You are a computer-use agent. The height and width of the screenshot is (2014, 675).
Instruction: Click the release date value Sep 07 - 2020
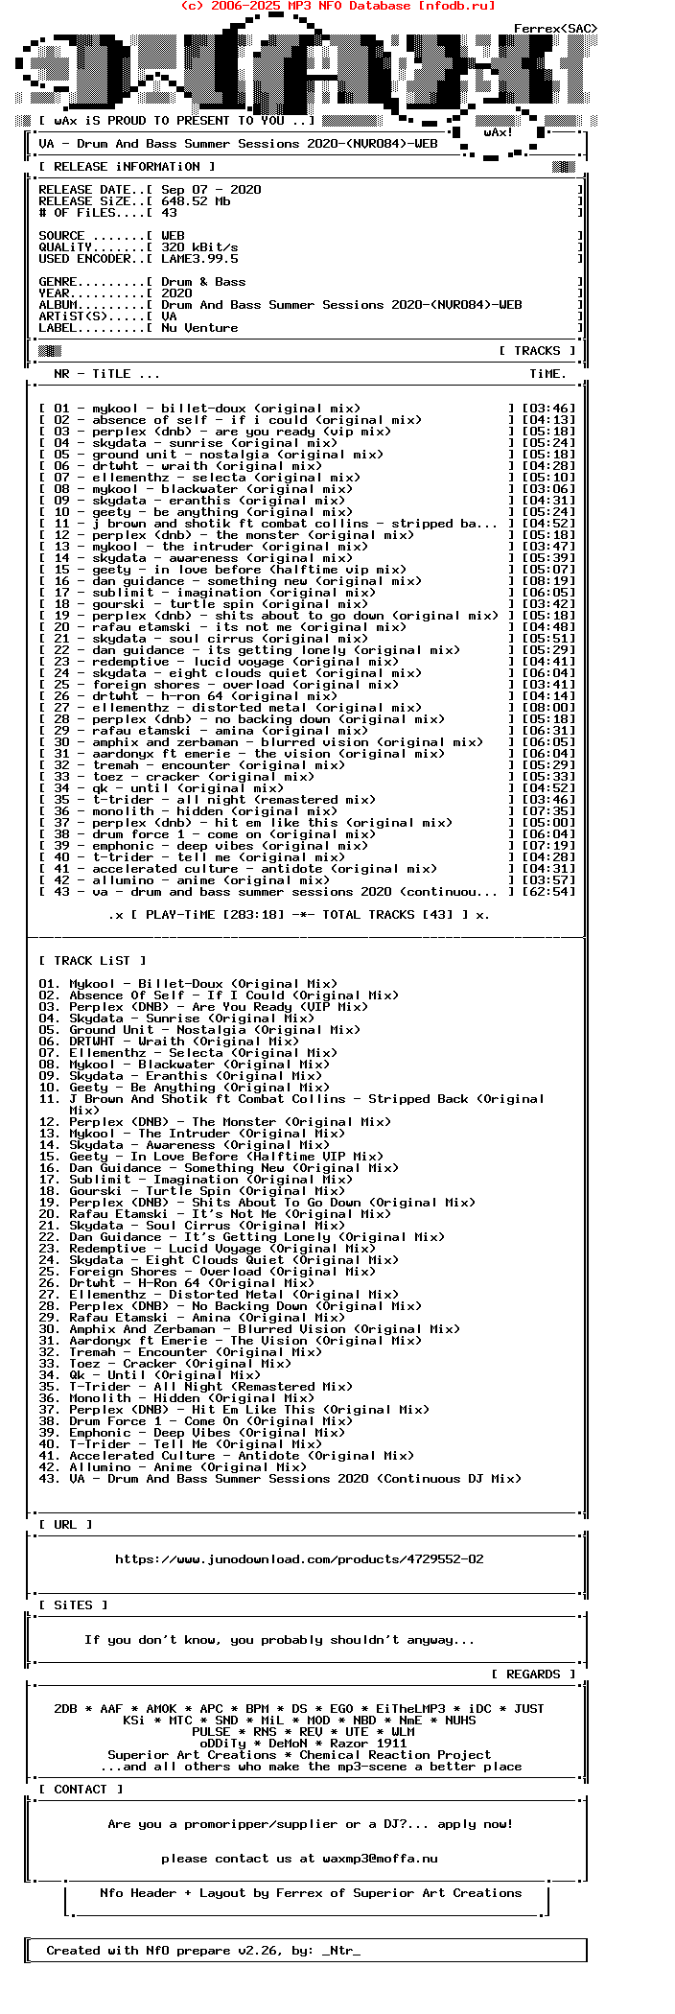point(211,190)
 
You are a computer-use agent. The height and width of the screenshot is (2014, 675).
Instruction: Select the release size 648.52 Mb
point(196,201)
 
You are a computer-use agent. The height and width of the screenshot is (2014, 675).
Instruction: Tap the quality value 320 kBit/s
point(199,247)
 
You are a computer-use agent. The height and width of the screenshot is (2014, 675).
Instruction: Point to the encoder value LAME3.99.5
point(199,259)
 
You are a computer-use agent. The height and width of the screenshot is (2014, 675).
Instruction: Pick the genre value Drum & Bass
point(203,282)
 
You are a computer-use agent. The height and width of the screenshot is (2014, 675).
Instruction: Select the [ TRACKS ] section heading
point(537,351)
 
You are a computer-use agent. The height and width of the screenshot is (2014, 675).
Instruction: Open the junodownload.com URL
point(299,1559)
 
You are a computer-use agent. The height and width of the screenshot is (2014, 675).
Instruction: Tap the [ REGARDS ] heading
point(533,1674)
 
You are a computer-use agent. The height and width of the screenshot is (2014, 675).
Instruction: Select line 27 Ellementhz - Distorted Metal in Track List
point(219,1295)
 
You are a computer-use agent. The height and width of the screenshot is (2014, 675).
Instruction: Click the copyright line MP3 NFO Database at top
point(337,6)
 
